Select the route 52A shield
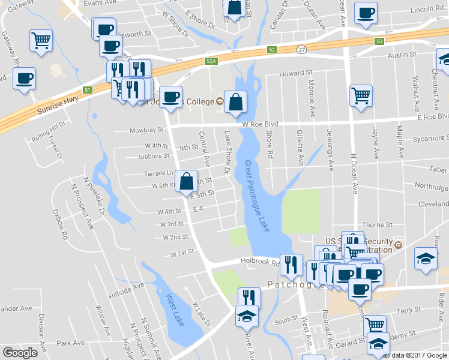click(x=210, y=61)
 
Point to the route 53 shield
click(x=379, y=41)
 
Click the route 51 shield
click(x=88, y=90)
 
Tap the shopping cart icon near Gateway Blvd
click(x=41, y=41)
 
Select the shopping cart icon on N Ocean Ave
click(x=361, y=95)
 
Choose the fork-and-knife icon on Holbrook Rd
click(x=291, y=264)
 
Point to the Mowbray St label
click(x=147, y=130)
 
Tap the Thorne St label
click(x=381, y=224)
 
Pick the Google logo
click(x=20, y=353)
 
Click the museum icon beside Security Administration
click(x=397, y=245)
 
